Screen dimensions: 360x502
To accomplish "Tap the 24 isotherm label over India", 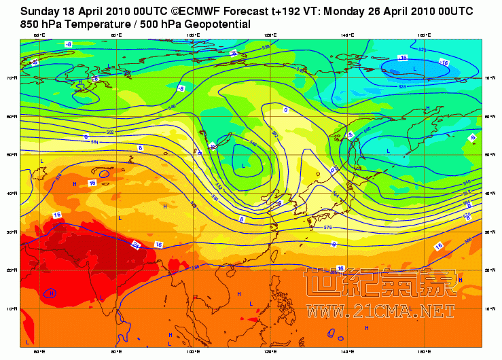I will (x=136, y=245).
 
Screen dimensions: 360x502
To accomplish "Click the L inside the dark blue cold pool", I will (x=414, y=69).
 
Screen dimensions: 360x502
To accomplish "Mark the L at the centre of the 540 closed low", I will (x=243, y=165).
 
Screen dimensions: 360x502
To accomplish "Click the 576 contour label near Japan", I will (x=328, y=227).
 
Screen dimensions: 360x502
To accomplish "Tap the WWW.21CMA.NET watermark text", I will (x=380, y=312).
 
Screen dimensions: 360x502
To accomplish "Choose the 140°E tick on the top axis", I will (x=348, y=35).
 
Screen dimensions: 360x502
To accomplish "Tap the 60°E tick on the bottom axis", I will (x=39, y=352).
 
